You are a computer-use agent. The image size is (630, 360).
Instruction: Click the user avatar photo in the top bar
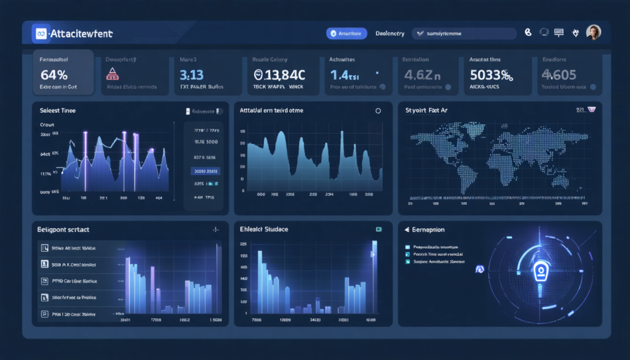(594, 33)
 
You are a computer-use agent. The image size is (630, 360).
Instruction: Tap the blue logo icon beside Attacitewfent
(42, 33)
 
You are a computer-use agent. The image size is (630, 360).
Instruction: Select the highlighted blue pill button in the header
(346, 34)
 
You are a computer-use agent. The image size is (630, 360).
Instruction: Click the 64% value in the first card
(53, 75)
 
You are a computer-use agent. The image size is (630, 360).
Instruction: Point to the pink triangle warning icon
(113, 74)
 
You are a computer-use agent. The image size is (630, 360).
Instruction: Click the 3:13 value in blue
(191, 75)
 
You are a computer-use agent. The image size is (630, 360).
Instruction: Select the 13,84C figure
(279, 75)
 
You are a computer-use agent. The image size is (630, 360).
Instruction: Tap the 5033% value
(492, 75)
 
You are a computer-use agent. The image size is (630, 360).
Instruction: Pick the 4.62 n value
(423, 75)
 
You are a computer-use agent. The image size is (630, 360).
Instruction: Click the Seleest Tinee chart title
(57, 110)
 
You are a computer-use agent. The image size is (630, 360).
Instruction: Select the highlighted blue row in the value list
(206, 171)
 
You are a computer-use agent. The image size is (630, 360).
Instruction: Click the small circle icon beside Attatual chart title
(378, 111)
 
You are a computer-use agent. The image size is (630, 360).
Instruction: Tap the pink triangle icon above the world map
(592, 110)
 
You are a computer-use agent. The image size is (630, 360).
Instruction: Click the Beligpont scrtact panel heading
(64, 230)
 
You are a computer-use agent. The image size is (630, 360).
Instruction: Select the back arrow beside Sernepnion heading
(407, 230)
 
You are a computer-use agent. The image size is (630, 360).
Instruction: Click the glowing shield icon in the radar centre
(541, 270)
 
